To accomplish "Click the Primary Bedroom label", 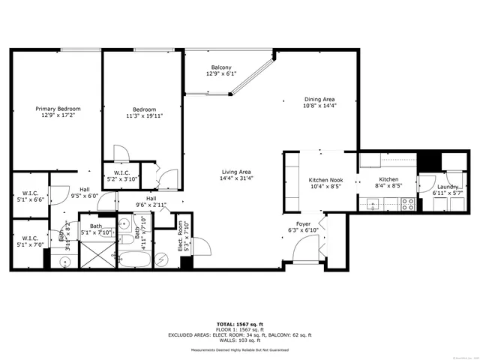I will click(58, 109).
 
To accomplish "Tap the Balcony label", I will click(220, 67).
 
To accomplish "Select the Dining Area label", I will click(319, 99).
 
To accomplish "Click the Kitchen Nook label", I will click(325, 180).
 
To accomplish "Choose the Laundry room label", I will click(448, 187).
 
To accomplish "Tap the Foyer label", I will click(303, 223).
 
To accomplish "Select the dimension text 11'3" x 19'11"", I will click(144, 116).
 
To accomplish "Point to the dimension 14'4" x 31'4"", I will click(235, 178).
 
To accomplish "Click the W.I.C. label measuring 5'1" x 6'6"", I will click(31, 193).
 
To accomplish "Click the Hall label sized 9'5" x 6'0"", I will click(85, 189).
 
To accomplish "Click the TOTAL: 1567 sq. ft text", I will click(239, 324).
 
